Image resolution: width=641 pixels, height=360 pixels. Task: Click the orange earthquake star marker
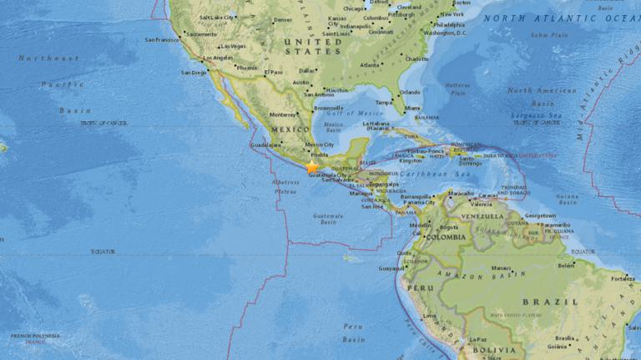point(312,167)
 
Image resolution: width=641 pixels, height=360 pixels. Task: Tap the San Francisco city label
point(162,39)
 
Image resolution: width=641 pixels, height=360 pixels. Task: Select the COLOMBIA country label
point(447,236)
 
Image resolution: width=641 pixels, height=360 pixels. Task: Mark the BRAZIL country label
point(549,302)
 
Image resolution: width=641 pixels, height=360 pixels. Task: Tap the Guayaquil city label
point(391,268)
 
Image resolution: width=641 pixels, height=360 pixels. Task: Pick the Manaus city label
point(501,268)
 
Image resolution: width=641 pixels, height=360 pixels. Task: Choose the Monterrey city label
point(284,114)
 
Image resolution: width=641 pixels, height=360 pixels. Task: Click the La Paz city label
point(477,339)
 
